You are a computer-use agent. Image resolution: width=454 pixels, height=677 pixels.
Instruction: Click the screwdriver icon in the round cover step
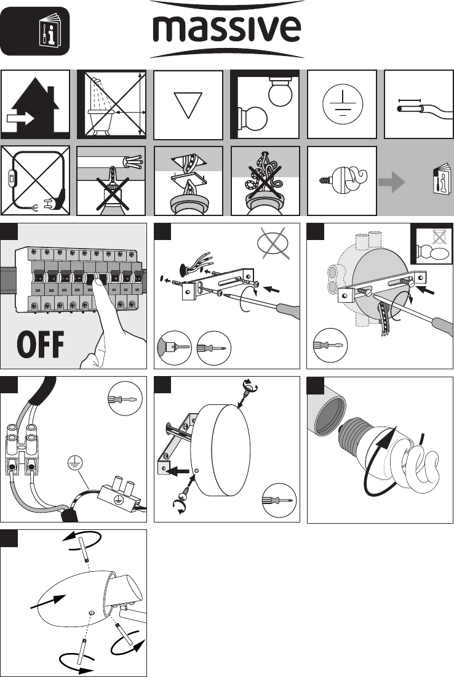coord(278,497)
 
